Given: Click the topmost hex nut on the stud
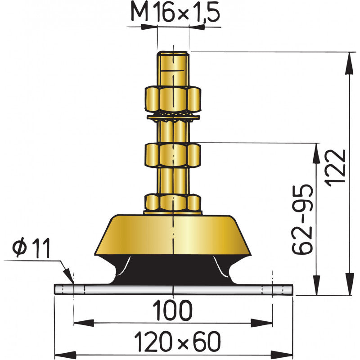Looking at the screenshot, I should [173, 100].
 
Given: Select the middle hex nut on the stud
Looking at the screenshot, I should [173, 154].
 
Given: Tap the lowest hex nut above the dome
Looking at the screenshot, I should [173, 202].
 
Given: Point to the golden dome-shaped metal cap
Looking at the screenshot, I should [173, 234].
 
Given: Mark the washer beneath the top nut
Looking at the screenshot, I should [173, 118].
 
